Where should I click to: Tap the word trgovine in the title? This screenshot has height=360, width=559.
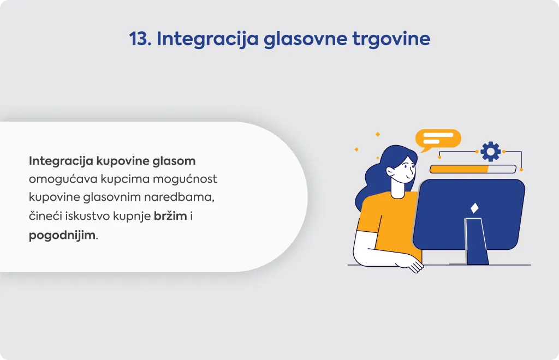tap(391, 39)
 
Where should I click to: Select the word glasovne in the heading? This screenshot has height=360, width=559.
tap(305, 39)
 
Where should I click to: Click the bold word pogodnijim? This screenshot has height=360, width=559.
tap(62, 236)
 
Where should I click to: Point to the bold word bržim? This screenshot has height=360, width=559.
tap(170, 216)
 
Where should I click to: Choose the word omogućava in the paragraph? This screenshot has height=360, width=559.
tap(63, 179)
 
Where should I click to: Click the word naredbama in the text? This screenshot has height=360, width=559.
tap(179, 197)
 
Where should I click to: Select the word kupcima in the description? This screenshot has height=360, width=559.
tap(125, 179)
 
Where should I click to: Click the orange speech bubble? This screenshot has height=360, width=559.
tap(438, 139)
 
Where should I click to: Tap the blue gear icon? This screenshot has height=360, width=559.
tap(491, 151)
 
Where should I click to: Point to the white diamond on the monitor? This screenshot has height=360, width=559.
tap(474, 208)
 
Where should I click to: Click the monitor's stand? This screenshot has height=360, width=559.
tap(477, 242)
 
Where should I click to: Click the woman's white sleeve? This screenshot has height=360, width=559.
tap(371, 249)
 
